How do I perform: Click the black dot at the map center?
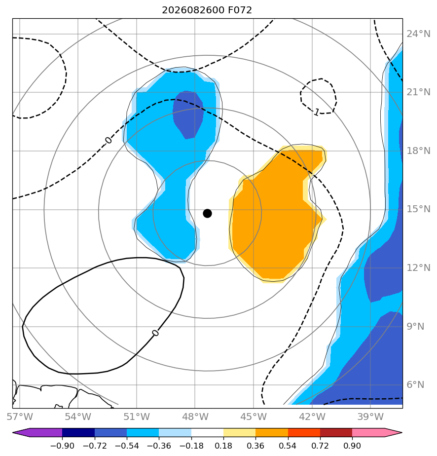pos(207,214)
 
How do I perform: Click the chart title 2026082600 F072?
pos(207,10)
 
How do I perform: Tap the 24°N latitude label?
pos(418,34)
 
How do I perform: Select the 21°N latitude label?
pos(418,92)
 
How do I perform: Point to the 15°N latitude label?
pos(418,209)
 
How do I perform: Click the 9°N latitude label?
pos(415,327)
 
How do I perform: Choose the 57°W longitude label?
pos(20,417)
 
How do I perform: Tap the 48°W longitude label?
pos(195,417)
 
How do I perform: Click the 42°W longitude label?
pos(312,417)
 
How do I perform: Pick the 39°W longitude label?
pos(371,417)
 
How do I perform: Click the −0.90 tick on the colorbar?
pos(62,446)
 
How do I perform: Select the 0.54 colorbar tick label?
pos(288,446)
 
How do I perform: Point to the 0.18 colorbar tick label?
pos(223,446)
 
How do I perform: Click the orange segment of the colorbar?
pos(272,432)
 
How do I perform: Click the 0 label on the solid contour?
pos(155,333)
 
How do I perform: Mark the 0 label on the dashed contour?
pos(109,141)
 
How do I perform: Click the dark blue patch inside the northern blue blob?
pos(188,114)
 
